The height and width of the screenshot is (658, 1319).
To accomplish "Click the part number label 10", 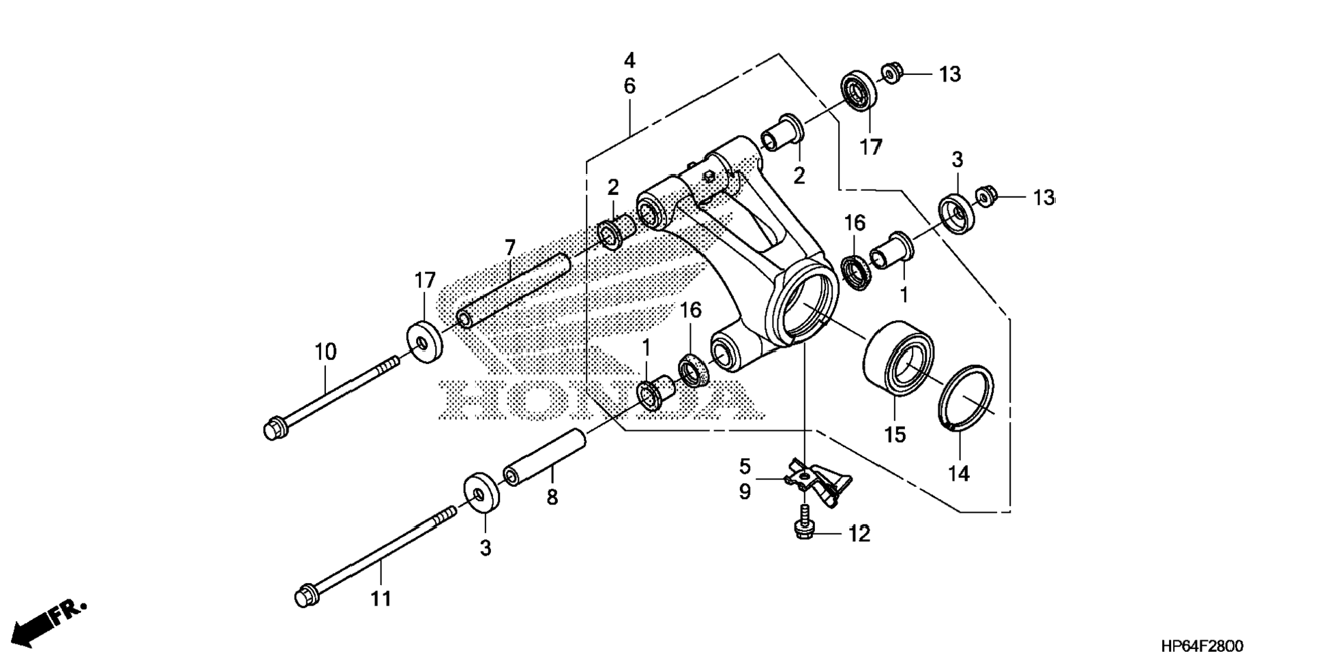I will tap(325, 353).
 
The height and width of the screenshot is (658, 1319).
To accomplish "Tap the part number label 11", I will tap(381, 599).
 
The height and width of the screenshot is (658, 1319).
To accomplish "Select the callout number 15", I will tap(895, 434).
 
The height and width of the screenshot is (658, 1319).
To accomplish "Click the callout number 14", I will tap(959, 473).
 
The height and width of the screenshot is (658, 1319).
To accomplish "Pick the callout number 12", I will tap(859, 535).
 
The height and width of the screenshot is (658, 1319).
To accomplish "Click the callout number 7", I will tap(511, 247).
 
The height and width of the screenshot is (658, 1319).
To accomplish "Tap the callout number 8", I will tap(552, 497).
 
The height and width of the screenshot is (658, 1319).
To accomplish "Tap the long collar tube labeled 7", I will tap(515, 289).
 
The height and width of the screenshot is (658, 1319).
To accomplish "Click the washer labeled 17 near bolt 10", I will tap(425, 342).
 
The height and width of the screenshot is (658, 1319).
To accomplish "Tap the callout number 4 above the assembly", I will tap(629, 61).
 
